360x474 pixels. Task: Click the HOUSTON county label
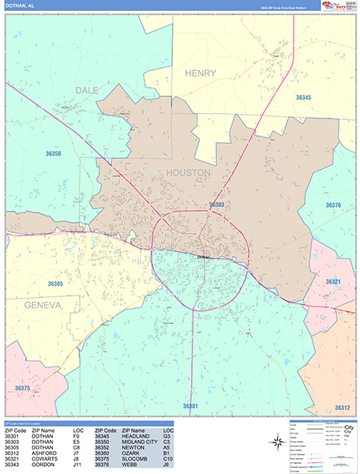[188, 171]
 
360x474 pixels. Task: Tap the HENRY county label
[200, 73]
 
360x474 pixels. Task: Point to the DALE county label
[87, 90]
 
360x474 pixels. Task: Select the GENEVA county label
[42, 304]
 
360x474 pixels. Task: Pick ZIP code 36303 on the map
[217, 205]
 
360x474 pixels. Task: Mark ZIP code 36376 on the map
[333, 205]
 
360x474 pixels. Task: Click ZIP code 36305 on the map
[54, 283]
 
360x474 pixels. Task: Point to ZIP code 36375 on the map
[22, 388]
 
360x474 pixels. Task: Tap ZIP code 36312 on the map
[342, 408]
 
